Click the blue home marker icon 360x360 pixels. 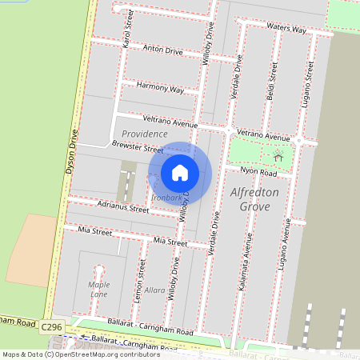pyautogui.click(x=180, y=172)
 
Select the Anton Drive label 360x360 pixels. pyautogui.click(x=162, y=50)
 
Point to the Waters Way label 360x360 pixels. pyautogui.click(x=287, y=29)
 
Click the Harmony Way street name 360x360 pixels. pyautogui.click(x=160, y=87)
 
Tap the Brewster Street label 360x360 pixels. pyautogui.click(x=138, y=148)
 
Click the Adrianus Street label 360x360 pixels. pyautogui.click(x=122, y=207)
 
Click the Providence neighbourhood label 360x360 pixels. pyautogui.click(x=144, y=134)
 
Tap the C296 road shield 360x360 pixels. pyautogui.click(x=51, y=327)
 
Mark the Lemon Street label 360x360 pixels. pyautogui.click(x=142, y=278)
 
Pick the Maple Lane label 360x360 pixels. pyautogui.click(x=99, y=290)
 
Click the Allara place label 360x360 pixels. pyautogui.click(x=154, y=290)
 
